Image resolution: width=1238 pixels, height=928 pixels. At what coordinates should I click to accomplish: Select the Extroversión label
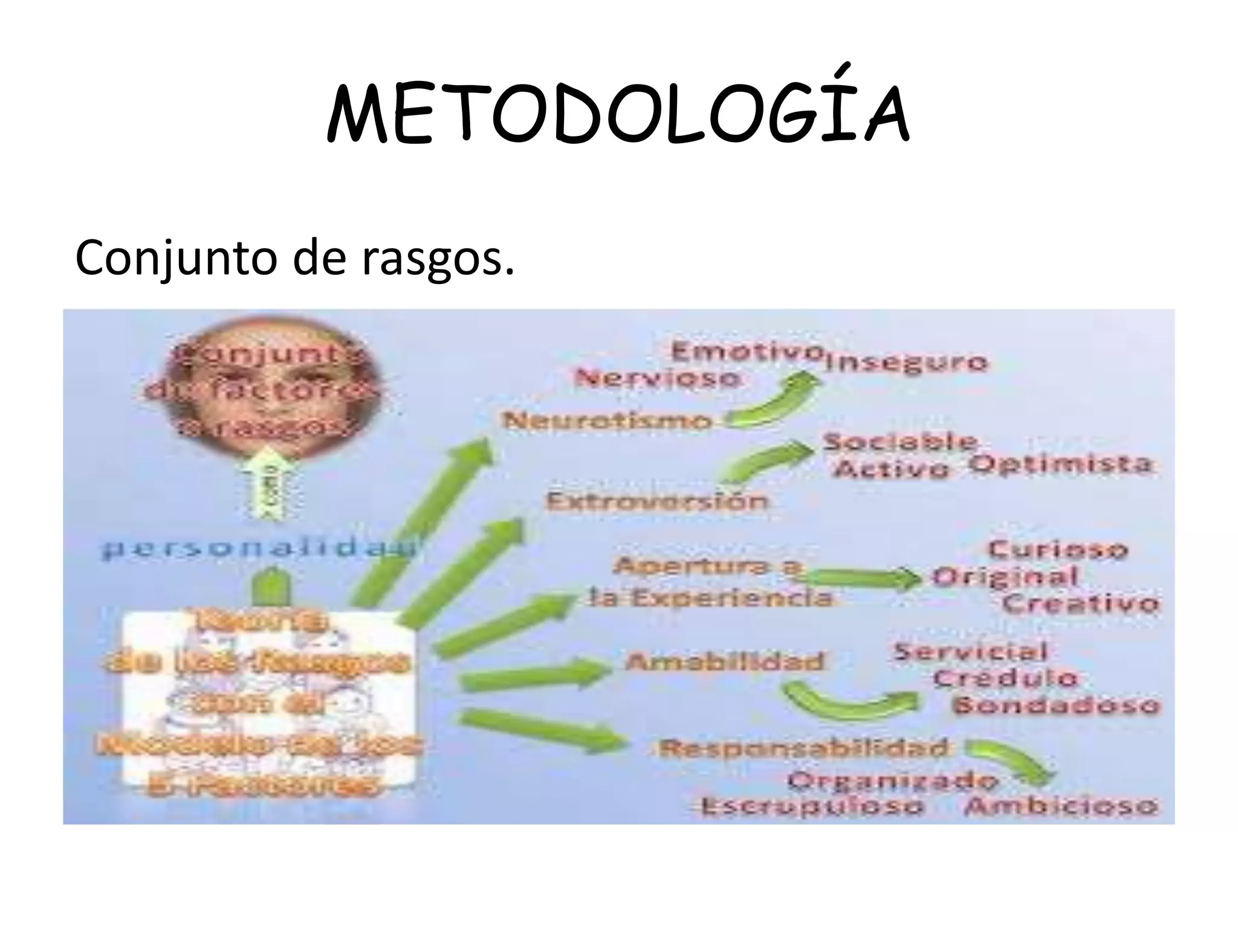click(656, 501)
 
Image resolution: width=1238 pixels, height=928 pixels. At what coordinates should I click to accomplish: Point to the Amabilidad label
click(724, 662)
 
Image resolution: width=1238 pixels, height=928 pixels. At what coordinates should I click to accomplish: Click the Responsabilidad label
click(803, 749)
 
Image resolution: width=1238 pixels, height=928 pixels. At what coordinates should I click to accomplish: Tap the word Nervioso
click(658, 379)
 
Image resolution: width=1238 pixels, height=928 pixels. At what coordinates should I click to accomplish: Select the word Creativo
click(1081, 604)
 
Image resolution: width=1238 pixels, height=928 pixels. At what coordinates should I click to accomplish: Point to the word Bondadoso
click(1055, 705)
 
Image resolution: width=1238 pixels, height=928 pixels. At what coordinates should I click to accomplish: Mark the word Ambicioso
click(1060, 807)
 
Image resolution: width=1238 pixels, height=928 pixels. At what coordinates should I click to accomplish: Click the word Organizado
click(892, 781)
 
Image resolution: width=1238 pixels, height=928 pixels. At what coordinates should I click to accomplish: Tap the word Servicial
click(970, 652)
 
